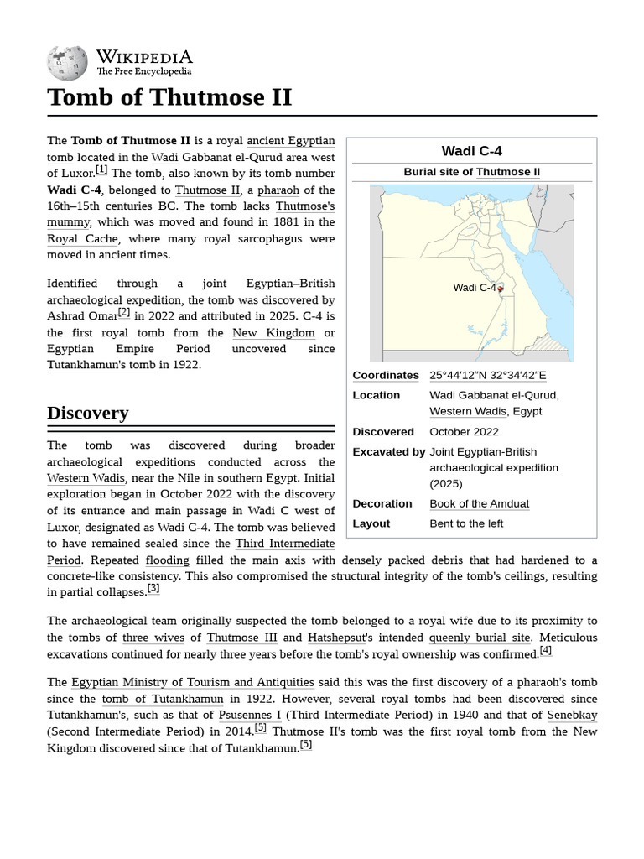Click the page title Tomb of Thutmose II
click(169, 97)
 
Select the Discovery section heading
click(88, 413)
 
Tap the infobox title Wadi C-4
click(471, 151)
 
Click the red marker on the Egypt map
click(500, 289)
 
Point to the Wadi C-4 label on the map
click(474, 288)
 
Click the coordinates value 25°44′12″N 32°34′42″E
click(487, 375)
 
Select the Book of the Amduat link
click(479, 503)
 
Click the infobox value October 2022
click(464, 431)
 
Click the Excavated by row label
click(388, 451)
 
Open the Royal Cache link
click(82, 238)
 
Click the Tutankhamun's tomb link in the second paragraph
click(101, 365)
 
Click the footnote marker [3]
click(153, 589)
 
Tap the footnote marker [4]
click(546, 650)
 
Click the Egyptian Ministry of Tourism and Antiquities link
click(193, 683)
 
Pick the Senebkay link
click(572, 715)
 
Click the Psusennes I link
click(250, 715)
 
